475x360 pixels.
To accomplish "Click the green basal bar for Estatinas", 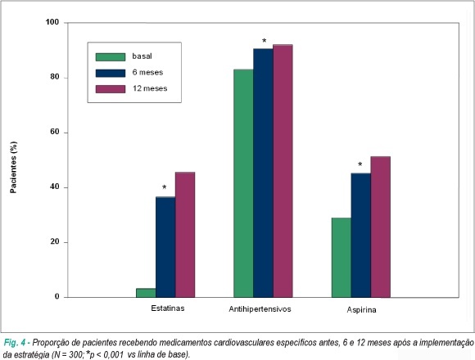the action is coord(146,293).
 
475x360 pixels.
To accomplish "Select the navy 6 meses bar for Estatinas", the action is coord(165,247).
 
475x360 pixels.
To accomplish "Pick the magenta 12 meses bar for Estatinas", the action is coord(185,235).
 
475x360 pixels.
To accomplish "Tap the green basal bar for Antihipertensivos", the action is coord(243,183).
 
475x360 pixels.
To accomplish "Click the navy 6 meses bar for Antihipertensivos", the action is coord(263,173).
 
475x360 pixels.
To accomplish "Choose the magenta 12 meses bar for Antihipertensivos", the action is coord(283,171).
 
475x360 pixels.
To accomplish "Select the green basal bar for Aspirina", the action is coord(342,258).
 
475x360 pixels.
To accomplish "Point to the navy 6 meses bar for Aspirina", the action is coord(361,236).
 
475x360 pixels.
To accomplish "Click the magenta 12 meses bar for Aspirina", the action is coord(381,227).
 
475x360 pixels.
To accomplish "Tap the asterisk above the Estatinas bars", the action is coord(164,187).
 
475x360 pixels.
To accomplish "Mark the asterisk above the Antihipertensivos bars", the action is coord(265,41).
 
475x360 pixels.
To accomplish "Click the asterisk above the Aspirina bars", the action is coord(360,164).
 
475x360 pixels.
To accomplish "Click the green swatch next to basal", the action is coord(111,57).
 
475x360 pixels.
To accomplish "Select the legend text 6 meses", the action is coord(147,72).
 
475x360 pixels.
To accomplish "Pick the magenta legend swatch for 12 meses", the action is coord(111,89).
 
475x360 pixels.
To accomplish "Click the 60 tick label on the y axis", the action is coord(55,133).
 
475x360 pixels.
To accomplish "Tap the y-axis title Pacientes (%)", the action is coord(13,167).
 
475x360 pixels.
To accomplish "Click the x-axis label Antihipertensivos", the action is coord(260,309).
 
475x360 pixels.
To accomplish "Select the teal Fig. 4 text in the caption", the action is coord(15,343).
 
